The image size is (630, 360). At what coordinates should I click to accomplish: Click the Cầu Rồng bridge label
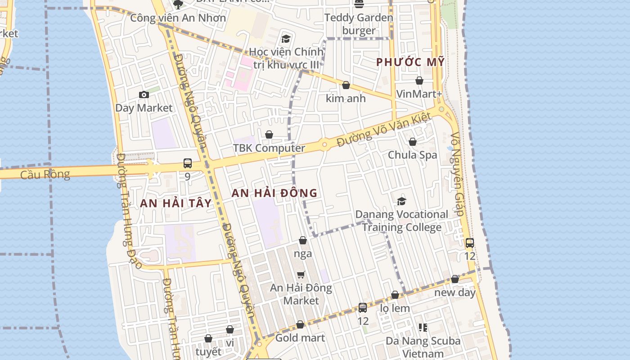(x=45, y=174)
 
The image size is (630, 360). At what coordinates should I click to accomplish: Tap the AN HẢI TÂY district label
(x=175, y=203)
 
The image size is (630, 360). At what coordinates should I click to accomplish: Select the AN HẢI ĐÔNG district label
(x=274, y=193)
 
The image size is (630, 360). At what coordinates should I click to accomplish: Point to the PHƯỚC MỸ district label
(x=410, y=62)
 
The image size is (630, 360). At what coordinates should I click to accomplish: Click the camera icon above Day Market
(x=144, y=94)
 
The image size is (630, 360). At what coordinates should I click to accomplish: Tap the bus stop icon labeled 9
(x=188, y=163)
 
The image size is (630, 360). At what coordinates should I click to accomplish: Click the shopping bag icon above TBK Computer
(x=269, y=135)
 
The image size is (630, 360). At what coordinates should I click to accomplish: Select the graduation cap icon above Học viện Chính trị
(x=286, y=39)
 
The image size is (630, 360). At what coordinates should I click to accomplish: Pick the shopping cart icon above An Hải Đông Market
(x=301, y=274)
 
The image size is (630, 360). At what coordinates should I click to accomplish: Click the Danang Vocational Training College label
(x=401, y=220)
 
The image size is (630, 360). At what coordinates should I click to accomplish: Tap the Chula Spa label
(x=413, y=155)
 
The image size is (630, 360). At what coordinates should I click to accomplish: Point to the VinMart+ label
(x=419, y=94)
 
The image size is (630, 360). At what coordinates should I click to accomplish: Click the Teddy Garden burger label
(x=359, y=24)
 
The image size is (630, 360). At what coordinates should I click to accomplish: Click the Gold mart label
(x=300, y=337)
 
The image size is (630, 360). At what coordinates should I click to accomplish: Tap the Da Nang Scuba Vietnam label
(x=423, y=347)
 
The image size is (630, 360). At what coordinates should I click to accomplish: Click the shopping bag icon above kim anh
(x=346, y=85)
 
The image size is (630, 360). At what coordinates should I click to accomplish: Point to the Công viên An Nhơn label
(x=178, y=18)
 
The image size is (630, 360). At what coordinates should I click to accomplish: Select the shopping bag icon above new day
(x=455, y=279)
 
